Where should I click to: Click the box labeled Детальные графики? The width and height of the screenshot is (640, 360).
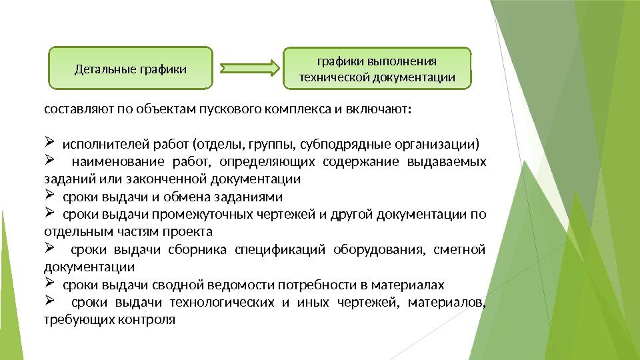pos(131,68)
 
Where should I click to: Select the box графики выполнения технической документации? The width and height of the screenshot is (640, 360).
pos(377,69)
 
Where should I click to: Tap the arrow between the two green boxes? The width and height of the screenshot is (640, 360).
pos(249,68)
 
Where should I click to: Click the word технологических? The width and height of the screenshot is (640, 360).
pos(222,303)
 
